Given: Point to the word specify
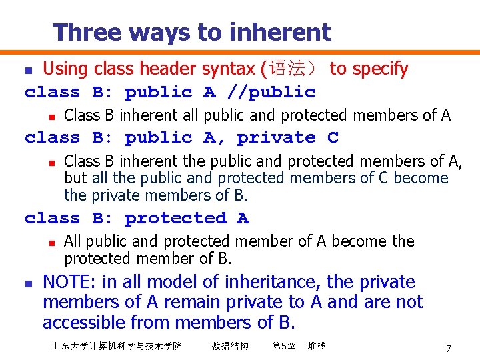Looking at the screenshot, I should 379,69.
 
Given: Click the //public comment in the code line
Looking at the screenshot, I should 271,92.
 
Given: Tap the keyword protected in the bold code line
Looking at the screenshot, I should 175,218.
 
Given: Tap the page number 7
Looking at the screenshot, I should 449,349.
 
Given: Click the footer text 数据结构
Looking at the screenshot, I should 230,346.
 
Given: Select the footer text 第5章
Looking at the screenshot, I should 284,346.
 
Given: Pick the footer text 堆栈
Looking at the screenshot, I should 317,346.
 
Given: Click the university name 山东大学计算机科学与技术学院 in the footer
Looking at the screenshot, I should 116,346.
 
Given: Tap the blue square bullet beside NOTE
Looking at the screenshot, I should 27,283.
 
